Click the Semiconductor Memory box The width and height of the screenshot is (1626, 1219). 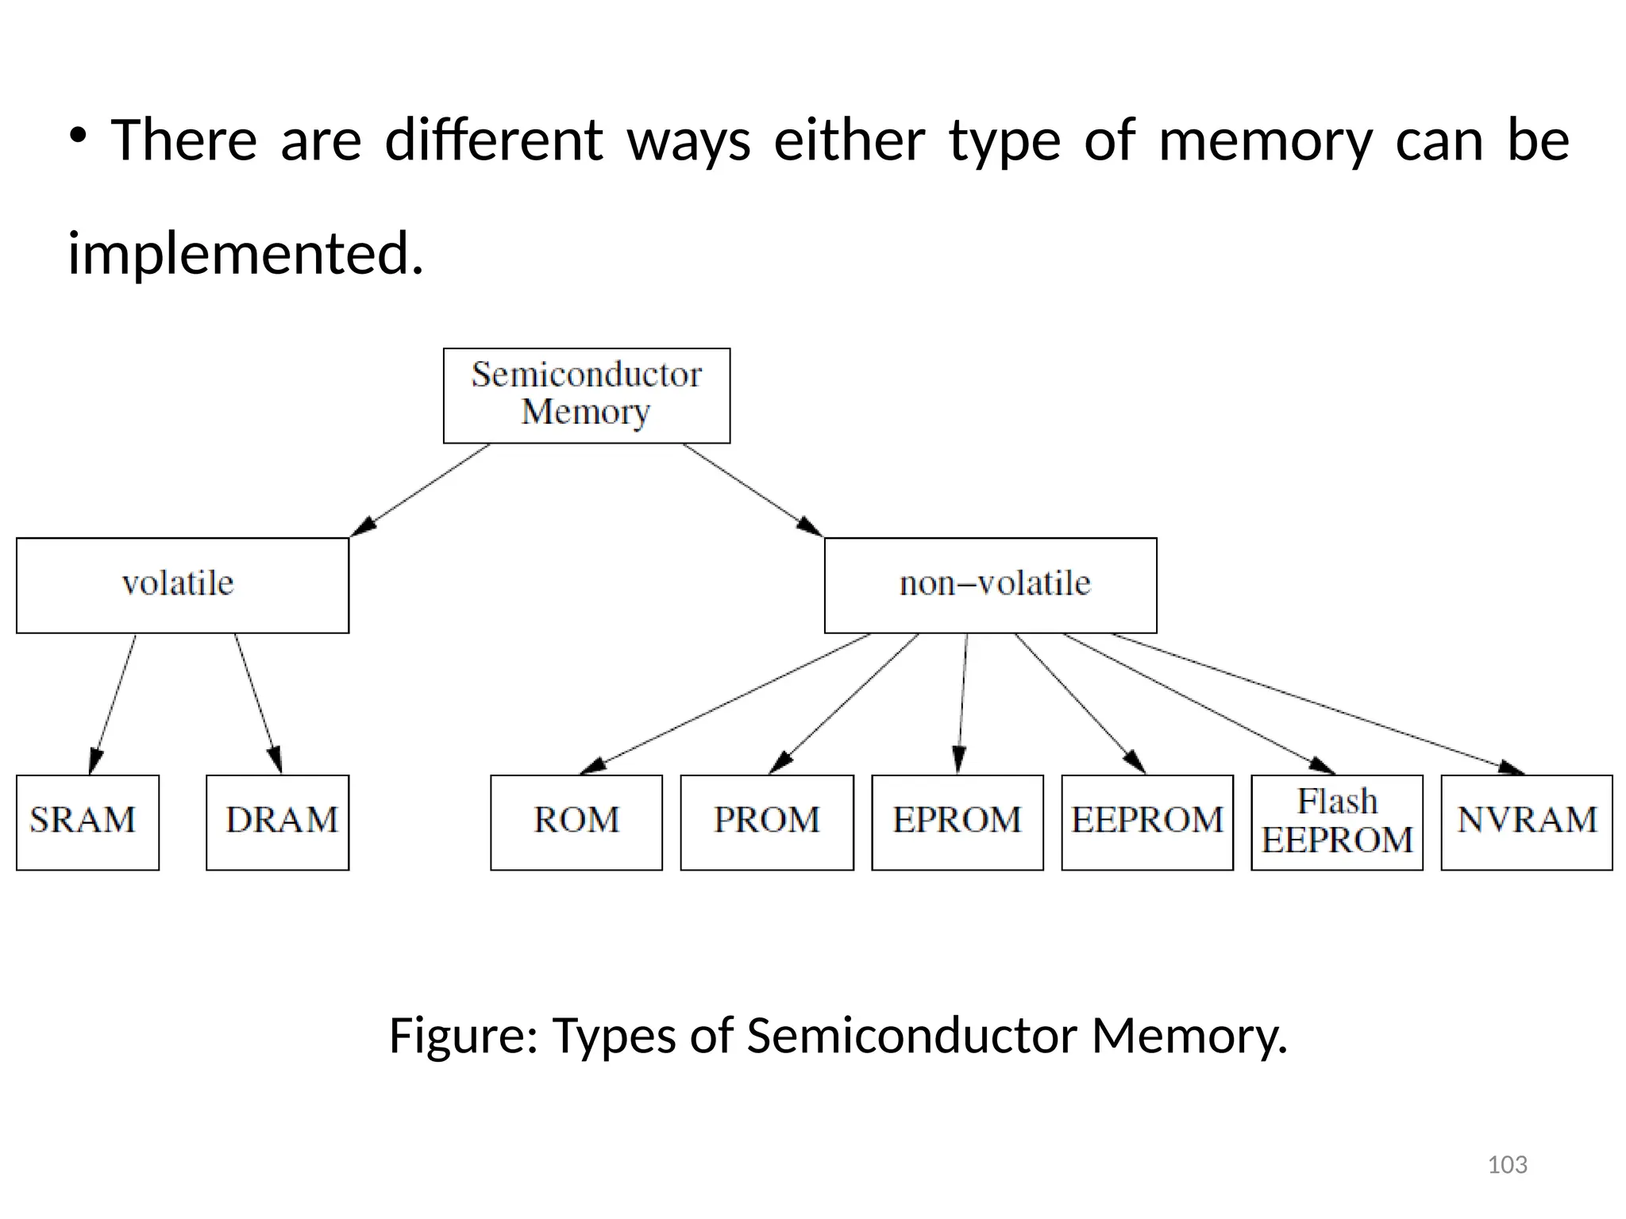point(586,395)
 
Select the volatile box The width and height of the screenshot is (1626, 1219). point(182,586)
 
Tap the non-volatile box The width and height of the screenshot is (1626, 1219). point(990,586)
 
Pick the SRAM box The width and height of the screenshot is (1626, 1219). point(87,822)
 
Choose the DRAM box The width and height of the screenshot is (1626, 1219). point(277,822)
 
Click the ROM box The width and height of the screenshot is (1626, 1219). point(576,822)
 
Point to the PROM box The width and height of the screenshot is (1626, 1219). point(767,822)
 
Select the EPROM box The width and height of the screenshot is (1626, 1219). point(957,822)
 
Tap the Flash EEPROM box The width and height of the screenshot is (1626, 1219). point(1337,822)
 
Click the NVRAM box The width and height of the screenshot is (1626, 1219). point(1527,822)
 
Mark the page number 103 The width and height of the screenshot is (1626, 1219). point(1507,1164)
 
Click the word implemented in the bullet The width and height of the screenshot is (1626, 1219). point(245,254)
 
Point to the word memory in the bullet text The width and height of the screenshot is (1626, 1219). point(1265,140)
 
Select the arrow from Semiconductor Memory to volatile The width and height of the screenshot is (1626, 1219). point(421,490)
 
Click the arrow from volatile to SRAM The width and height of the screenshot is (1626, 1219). point(113,703)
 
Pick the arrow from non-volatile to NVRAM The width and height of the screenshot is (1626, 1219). point(1318,703)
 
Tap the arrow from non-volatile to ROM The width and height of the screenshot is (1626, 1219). point(726,703)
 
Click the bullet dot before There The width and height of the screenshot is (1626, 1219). point(77,135)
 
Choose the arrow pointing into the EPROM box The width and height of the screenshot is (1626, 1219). point(963,703)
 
